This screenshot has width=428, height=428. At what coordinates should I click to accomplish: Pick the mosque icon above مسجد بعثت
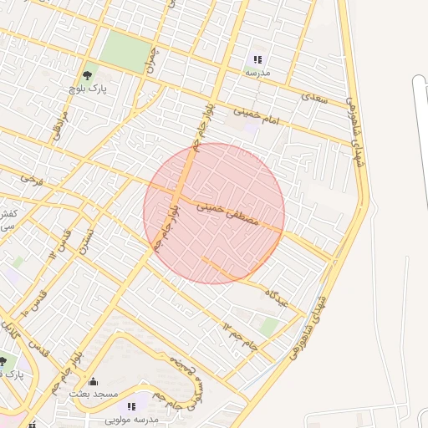[93, 382]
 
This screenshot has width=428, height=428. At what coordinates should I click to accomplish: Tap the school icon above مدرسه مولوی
[132, 405]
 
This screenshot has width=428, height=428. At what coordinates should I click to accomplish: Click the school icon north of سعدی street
[257, 59]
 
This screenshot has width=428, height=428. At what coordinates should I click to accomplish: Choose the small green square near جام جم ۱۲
[268, 327]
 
